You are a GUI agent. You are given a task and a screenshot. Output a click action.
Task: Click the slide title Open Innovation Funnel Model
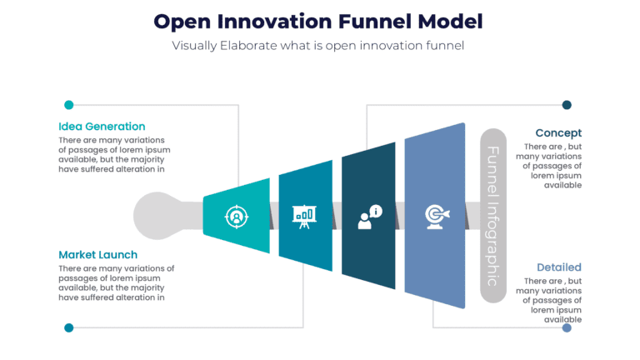(x=318, y=20)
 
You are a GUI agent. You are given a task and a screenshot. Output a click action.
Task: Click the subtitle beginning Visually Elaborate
(x=318, y=46)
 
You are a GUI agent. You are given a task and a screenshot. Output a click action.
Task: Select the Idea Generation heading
(x=102, y=127)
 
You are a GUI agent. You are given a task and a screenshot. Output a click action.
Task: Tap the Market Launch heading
(x=98, y=254)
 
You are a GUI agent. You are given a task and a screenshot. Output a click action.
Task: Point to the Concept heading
(x=558, y=132)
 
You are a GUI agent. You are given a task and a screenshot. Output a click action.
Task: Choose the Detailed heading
(x=558, y=267)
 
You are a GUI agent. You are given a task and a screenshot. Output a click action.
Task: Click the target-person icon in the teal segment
(x=237, y=216)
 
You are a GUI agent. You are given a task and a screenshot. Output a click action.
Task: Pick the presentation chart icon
(x=305, y=216)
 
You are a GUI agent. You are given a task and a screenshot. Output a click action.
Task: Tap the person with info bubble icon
(x=368, y=216)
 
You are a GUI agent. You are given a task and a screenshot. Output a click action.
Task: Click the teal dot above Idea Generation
(x=69, y=105)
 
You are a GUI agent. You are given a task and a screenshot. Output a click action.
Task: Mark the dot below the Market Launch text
(x=69, y=327)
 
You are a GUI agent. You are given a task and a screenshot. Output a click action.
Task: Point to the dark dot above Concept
(x=567, y=105)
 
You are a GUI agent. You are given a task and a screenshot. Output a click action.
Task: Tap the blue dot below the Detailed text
(x=567, y=327)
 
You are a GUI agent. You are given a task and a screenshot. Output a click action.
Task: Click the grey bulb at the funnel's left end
(x=158, y=215)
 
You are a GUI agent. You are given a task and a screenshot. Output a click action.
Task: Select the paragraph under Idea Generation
(x=112, y=154)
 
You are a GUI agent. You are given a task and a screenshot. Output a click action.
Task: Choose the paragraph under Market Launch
(x=116, y=282)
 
